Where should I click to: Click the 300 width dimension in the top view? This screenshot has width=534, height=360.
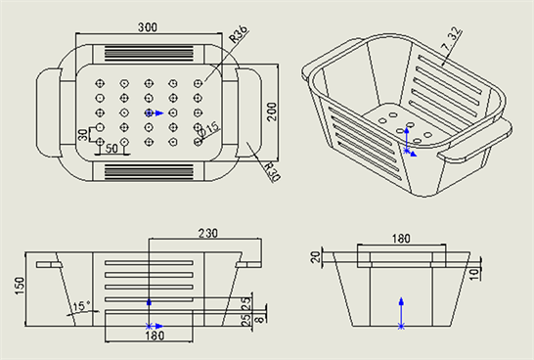point(148,27)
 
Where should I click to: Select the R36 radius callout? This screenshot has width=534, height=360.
point(239,34)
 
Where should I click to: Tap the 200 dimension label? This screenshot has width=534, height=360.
point(272,112)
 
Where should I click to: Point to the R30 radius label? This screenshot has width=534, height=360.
point(273,172)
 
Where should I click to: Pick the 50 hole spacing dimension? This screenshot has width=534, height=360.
point(111,149)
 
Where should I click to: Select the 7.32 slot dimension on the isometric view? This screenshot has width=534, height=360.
point(452,41)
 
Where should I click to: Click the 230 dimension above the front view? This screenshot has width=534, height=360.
point(207,233)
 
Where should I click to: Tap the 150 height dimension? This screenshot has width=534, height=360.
point(20,286)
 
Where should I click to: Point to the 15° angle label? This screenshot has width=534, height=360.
point(82,306)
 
